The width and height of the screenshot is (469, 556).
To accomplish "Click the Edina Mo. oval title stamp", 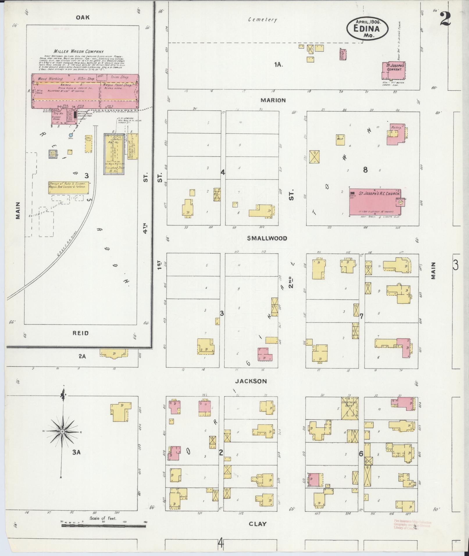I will tap(367, 28).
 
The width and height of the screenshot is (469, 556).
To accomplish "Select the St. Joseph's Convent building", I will tap(393, 70).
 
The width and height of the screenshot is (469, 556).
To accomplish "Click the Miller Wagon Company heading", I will tap(77, 51).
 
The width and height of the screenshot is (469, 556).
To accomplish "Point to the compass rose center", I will tap(62, 432).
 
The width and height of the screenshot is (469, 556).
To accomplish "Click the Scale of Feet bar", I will tap(104, 525).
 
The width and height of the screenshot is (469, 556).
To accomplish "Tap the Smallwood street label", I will tap(267, 238).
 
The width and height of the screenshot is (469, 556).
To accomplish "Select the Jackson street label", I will tap(251, 381).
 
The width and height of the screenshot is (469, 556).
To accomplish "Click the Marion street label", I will tap(273, 100).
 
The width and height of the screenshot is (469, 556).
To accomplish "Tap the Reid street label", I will tap(81, 333).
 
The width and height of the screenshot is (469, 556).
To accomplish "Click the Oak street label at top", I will tap(83, 17).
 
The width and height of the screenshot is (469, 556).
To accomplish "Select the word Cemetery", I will tap(263, 20).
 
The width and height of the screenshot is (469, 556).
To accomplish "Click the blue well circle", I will tap(71, 135).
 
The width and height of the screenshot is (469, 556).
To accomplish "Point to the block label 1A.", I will tap(278, 65).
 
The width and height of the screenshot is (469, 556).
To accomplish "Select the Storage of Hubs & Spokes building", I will tap(68, 187).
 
